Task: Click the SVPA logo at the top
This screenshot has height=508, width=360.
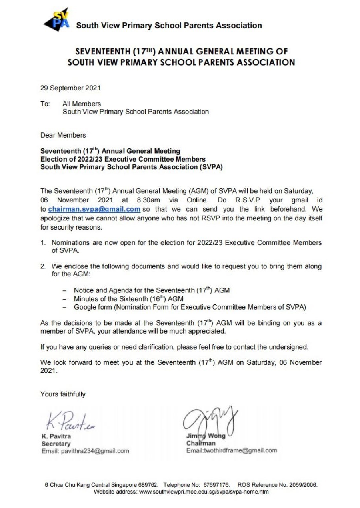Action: (56, 20)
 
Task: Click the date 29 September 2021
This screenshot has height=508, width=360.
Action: (70, 88)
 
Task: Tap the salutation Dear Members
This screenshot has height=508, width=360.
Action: (63, 135)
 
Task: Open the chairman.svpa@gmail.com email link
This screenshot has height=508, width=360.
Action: (94, 209)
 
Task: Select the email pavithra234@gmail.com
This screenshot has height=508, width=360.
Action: (95, 451)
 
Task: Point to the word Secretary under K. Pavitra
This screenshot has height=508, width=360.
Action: (56, 444)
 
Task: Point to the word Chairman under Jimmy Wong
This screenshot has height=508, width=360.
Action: (201, 443)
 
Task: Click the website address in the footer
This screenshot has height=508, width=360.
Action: (204, 492)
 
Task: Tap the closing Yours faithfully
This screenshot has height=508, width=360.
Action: (63, 394)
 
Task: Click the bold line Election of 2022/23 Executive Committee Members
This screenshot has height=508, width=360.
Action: (123, 159)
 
